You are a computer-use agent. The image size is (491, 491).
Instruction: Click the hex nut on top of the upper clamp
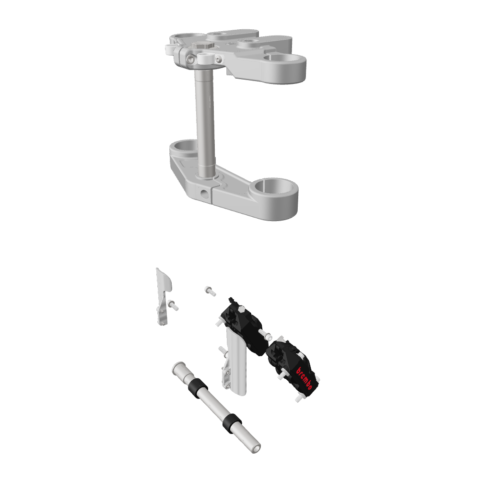(203, 46)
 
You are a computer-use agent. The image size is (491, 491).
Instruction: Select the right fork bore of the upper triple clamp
(288, 59)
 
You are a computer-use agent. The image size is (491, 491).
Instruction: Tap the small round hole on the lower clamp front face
(206, 194)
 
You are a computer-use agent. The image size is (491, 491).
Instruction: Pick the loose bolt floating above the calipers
(210, 291)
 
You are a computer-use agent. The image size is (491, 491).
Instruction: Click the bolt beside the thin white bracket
(173, 304)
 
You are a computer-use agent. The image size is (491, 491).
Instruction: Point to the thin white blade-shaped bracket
(163, 288)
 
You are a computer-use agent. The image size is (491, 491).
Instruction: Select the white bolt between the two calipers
(263, 334)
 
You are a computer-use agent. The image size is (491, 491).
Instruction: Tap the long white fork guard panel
(237, 364)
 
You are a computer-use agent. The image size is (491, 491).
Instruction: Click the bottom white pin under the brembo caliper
(298, 398)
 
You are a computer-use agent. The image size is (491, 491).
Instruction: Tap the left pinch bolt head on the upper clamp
(191, 59)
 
